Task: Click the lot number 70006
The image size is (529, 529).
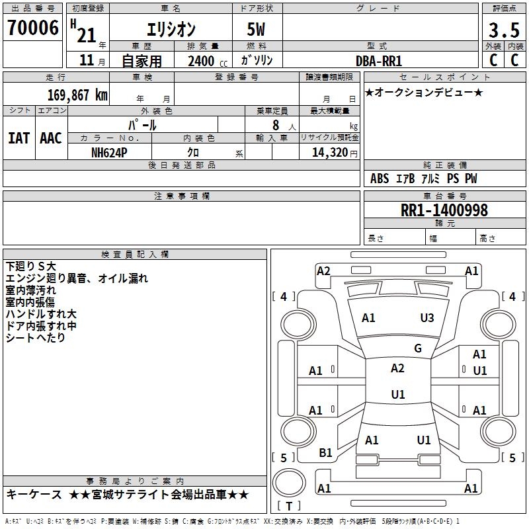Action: (32, 28)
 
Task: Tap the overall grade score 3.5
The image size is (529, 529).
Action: (503, 31)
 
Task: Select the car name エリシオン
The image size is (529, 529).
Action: (171, 30)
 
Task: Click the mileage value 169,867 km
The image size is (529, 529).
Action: (77, 95)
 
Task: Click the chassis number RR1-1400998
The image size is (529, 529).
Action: (444, 210)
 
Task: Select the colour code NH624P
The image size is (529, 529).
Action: (110, 152)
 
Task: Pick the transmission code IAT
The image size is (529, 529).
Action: (19, 138)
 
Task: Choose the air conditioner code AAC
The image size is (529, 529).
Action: (51, 138)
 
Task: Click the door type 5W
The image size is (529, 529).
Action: (257, 30)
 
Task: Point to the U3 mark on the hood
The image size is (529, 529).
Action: (427, 318)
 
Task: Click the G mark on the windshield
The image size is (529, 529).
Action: (418, 348)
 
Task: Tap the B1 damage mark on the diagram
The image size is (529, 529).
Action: (325, 453)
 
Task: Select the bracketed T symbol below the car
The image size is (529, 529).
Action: (289, 506)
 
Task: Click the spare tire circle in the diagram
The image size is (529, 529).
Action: (289, 481)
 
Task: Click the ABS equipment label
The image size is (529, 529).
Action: (380, 179)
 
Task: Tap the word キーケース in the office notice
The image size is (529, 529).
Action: (34, 495)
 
